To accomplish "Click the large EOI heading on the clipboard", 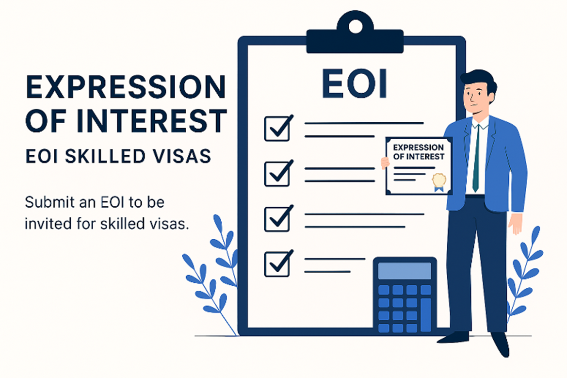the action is click(355, 83).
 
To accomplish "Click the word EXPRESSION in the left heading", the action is click(126, 87).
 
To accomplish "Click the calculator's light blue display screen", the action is click(405, 271).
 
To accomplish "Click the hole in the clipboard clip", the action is click(355, 26).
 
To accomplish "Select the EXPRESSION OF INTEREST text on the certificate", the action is click(419, 152).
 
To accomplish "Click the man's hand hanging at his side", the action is click(515, 222).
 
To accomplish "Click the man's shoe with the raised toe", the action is click(501, 344).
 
